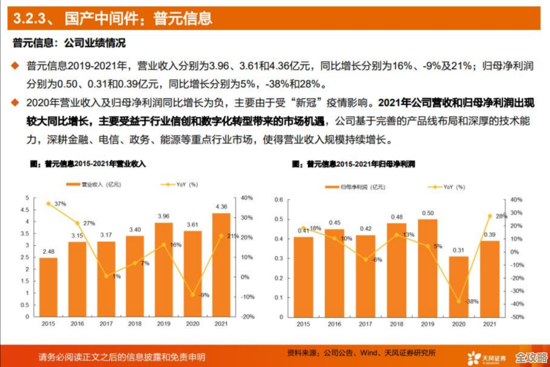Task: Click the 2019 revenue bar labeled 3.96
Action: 163,269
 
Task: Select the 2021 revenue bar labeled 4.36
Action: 221,264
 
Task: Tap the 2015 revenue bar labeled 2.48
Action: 48,287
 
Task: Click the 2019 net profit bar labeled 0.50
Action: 428,268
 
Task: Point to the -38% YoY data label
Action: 472,301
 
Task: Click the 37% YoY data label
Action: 61,204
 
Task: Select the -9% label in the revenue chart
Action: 204,295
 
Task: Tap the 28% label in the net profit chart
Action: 501,216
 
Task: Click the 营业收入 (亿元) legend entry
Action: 94,184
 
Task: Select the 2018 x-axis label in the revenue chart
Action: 135,324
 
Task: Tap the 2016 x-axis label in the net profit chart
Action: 335,324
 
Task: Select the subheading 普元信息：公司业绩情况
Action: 69,43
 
